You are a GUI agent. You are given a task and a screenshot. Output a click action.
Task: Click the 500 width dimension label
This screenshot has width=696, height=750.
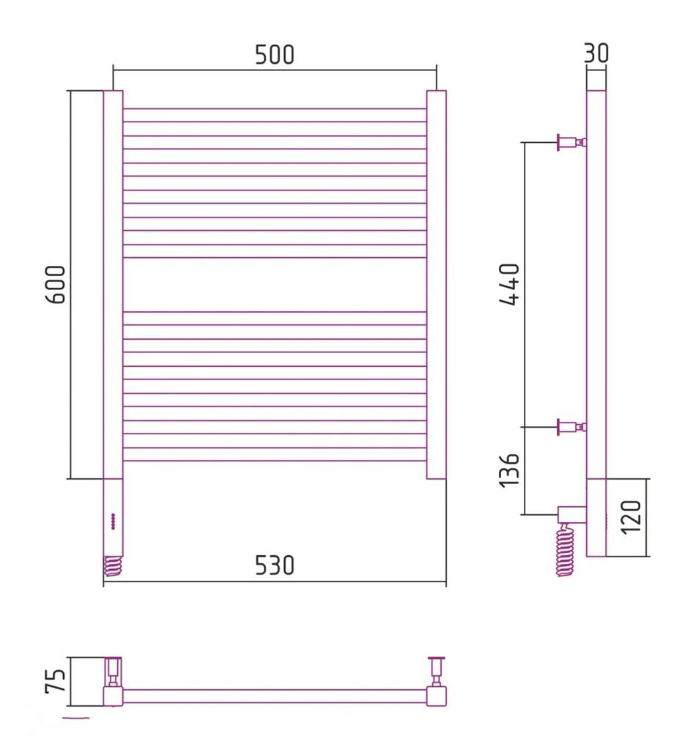(x=275, y=54)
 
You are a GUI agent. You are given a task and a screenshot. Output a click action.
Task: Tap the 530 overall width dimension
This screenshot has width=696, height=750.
(x=275, y=565)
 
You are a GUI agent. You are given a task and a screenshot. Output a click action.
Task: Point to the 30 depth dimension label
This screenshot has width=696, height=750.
(x=596, y=53)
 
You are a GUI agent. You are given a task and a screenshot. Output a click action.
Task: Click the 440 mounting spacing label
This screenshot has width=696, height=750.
(x=509, y=284)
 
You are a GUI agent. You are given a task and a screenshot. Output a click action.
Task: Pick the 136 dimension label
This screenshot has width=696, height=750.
(x=509, y=470)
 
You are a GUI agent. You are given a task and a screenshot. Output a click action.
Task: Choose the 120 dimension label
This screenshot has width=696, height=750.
(x=631, y=518)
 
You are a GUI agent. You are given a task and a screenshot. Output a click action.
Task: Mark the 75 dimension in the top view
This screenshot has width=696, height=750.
(x=56, y=680)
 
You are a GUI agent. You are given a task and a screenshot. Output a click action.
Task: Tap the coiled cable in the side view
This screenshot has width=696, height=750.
(x=565, y=550)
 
